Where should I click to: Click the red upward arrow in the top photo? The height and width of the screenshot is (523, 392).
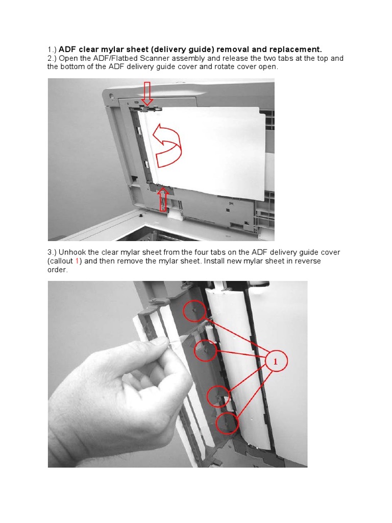tap(163, 199)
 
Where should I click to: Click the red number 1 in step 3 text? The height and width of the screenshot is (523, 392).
tap(77, 261)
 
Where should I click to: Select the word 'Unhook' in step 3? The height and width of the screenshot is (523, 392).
tap(72, 252)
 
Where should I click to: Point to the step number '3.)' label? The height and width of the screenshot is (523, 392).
tap(52, 252)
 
